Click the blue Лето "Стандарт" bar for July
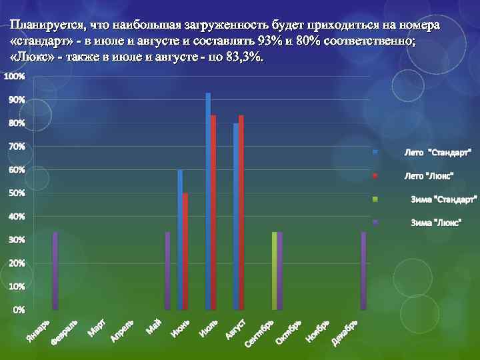[208, 200]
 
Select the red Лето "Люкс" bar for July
[213, 212]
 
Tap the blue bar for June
[180, 240]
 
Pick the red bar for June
[185, 251]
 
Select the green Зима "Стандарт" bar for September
[275, 271]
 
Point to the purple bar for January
[55, 271]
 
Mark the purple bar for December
[363, 271]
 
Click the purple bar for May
[168, 271]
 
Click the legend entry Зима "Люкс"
[436, 223]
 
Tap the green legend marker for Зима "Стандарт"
[375, 199]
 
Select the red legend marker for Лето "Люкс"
[375, 176]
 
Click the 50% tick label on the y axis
[16, 193]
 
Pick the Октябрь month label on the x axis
[289, 331]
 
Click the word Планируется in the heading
[47, 26]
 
